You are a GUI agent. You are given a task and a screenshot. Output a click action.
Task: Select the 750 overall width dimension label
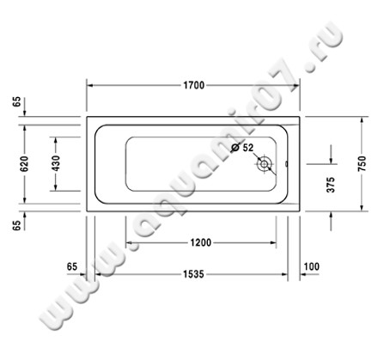tap(362, 162)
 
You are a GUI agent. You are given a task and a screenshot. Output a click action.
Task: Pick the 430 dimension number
tap(57, 163)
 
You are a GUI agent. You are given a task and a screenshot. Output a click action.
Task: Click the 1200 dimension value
tap(200, 242)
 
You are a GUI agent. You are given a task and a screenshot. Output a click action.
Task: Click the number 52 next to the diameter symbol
tap(248, 149)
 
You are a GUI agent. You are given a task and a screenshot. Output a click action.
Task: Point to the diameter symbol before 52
tap(235, 149)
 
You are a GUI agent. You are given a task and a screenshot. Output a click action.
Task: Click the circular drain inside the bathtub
tap(265, 162)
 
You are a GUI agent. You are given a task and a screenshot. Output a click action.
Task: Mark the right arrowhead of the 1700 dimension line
tap(296, 85)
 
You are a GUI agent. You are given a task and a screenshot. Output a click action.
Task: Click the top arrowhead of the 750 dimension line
tap(362, 119)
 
